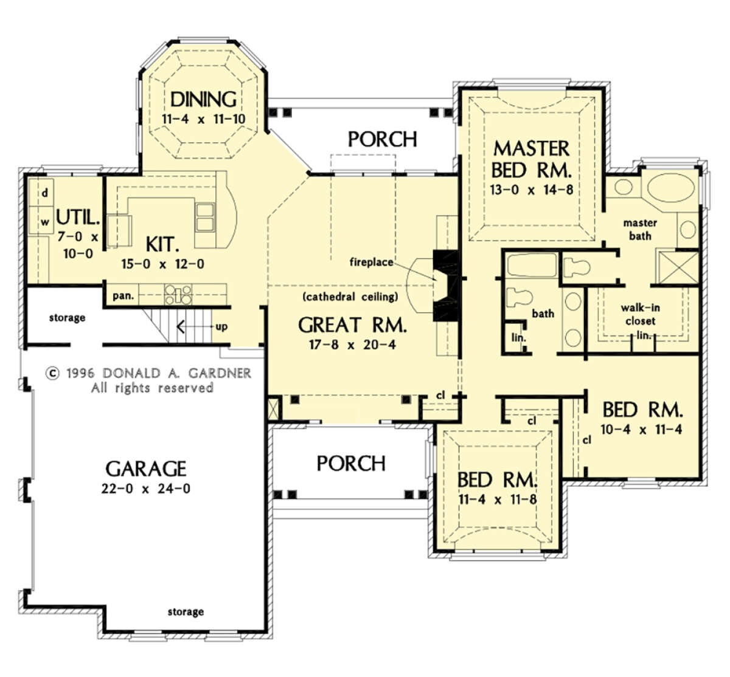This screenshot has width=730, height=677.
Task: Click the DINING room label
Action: (x=203, y=99)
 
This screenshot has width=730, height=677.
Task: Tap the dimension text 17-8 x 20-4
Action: (x=352, y=345)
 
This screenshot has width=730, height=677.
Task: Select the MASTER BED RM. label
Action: (x=532, y=159)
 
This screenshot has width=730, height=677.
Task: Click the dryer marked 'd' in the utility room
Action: (x=41, y=193)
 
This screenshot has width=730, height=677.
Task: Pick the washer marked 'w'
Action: (x=41, y=221)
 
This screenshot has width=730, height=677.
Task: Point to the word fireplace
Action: (x=371, y=263)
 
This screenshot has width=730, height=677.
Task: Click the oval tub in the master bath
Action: (x=670, y=188)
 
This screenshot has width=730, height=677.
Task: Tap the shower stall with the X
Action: (x=677, y=267)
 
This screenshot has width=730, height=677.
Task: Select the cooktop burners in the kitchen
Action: (x=178, y=295)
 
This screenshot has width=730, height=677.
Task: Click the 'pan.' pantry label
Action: (x=123, y=296)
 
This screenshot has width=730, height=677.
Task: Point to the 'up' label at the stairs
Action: (x=221, y=326)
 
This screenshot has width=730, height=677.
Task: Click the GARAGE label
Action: (x=146, y=469)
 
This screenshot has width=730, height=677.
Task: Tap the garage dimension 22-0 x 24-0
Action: (x=146, y=489)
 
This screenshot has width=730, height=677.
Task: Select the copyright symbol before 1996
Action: (x=53, y=374)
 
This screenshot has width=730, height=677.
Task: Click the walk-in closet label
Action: (x=641, y=314)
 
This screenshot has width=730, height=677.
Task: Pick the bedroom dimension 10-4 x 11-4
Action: (x=641, y=430)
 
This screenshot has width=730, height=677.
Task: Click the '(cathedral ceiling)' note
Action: (x=350, y=297)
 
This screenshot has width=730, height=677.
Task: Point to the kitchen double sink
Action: (x=205, y=218)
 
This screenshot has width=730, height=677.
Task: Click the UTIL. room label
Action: (x=78, y=218)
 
